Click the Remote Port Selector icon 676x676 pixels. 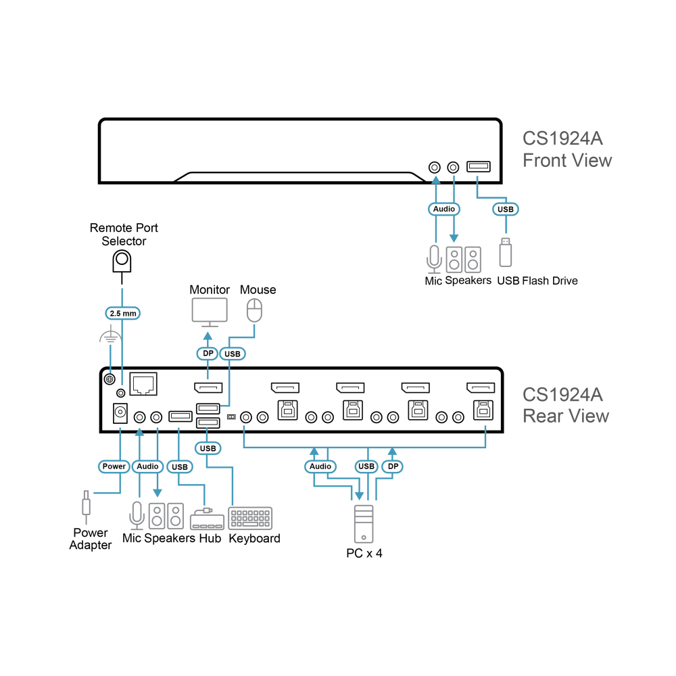tap(122, 262)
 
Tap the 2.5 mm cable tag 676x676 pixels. tap(123, 314)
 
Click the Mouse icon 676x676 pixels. tap(254, 310)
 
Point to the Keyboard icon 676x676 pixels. tap(250, 518)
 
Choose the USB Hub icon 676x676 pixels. tap(208, 519)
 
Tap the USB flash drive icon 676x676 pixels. tap(506, 253)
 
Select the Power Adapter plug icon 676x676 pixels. tap(87, 507)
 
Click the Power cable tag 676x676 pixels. tap(114, 466)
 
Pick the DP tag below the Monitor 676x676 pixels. tap(208, 354)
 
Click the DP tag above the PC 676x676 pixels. tap(393, 466)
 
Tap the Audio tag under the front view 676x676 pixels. tap(444, 209)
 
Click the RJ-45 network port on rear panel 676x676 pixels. tap(143, 384)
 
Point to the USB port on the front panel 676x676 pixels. tap(479, 166)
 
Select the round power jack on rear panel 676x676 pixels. tap(120, 413)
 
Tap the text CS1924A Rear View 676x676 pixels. tap(565, 405)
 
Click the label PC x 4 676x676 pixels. tap(364, 553)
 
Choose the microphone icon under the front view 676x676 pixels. tap(434, 260)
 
